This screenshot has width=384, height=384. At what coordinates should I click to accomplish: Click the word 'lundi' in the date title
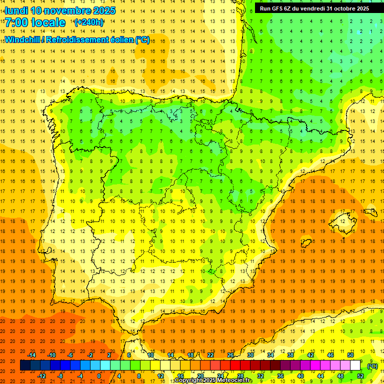click(16, 10)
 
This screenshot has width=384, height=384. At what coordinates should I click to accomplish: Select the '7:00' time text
click(17, 22)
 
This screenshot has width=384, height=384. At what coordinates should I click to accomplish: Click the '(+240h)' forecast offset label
click(89, 22)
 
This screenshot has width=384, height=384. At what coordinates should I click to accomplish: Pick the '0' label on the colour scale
click(99, 376)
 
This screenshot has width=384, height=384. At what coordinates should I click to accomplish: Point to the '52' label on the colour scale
click(360, 376)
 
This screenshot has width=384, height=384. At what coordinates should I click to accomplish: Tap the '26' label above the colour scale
click(230, 355)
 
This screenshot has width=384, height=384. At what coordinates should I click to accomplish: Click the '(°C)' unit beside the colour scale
click(372, 366)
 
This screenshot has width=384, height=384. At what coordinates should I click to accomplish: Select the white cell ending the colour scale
click(355, 365)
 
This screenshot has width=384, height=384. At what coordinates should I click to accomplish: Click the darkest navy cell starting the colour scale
click(25, 365)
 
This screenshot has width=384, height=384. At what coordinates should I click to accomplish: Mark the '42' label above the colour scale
click(310, 355)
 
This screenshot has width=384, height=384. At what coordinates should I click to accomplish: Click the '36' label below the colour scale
click(280, 376)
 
